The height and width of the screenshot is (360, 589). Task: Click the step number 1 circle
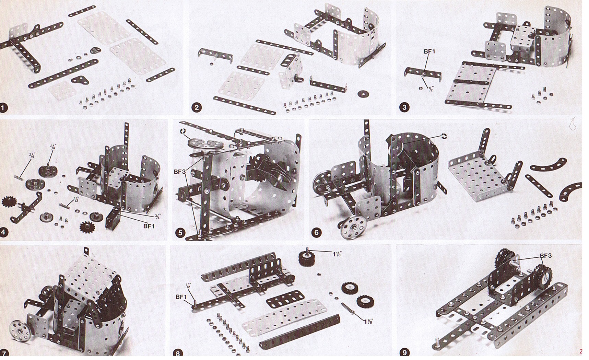click(x=4, y=108)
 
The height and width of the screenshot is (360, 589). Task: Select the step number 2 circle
click(x=197, y=107)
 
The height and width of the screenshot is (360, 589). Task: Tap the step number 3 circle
click(x=404, y=107)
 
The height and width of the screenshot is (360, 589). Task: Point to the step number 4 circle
click(x=4, y=232)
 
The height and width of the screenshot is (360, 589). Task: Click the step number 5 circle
click(x=180, y=233)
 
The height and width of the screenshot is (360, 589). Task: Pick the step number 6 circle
click(x=316, y=233)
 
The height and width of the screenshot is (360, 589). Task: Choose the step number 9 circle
click(x=404, y=353)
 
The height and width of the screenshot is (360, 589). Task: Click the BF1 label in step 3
click(x=429, y=51)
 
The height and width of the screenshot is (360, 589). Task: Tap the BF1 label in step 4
click(x=149, y=226)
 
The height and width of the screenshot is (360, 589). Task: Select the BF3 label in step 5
click(x=179, y=172)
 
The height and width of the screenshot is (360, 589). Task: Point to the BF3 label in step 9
click(x=545, y=256)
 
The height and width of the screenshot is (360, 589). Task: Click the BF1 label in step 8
click(x=181, y=297)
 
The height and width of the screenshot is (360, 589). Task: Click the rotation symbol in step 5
click(x=183, y=131)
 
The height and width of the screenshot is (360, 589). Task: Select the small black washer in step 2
click(x=362, y=93)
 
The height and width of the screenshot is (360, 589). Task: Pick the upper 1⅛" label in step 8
click(x=337, y=254)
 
